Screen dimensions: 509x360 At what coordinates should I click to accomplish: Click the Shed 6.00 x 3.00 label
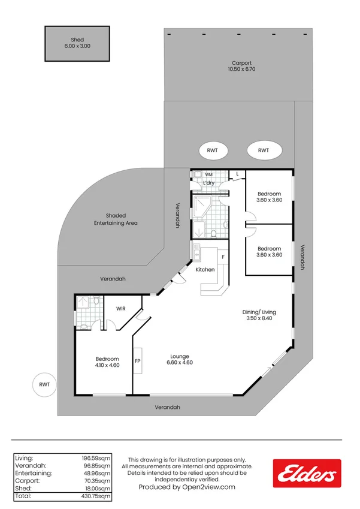[77, 43]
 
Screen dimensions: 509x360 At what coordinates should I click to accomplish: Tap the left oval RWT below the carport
[212, 150]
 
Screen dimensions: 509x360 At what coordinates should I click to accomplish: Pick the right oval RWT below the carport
[264, 150]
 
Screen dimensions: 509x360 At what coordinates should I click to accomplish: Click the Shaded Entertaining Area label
[116, 219]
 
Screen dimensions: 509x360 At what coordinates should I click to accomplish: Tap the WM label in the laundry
[209, 174]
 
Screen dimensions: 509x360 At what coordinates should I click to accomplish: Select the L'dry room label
[208, 183]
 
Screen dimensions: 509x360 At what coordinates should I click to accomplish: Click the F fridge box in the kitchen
[223, 257]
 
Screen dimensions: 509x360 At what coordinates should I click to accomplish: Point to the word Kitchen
[205, 270]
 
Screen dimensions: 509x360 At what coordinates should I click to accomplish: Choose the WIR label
[121, 309]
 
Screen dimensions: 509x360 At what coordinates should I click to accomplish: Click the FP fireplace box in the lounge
[137, 362]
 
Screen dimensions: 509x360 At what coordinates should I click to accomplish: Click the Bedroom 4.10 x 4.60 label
[107, 362]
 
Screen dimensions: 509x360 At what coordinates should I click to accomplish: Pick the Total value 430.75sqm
[96, 496]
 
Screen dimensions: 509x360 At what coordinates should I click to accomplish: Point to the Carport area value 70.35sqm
[96, 481]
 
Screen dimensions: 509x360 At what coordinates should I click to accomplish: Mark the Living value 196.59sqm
[96, 457]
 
